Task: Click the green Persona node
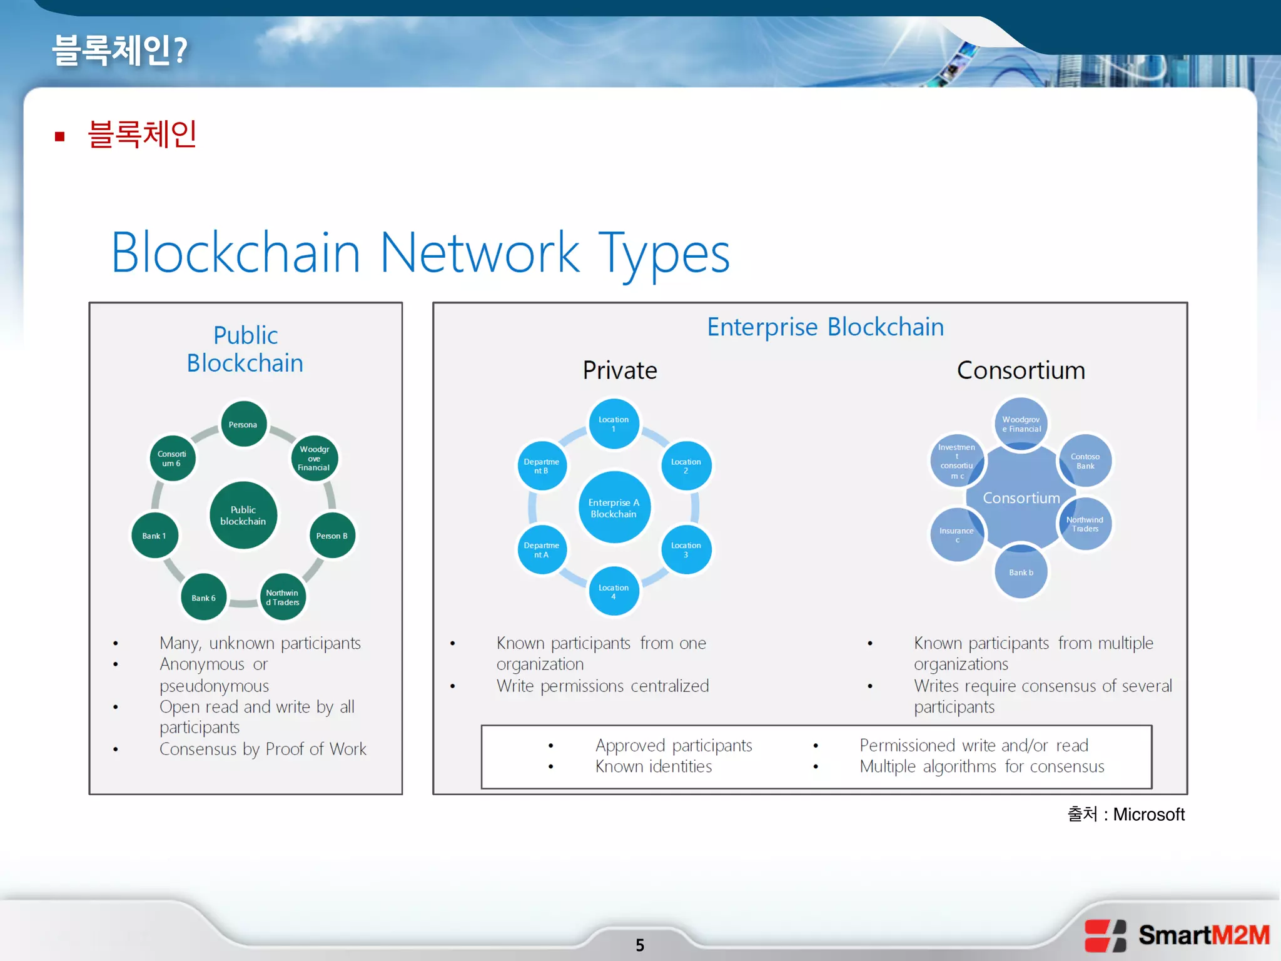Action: tap(243, 424)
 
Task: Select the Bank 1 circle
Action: tap(154, 536)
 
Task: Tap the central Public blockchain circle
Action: tap(243, 515)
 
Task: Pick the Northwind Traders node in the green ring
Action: tap(283, 597)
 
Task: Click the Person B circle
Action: tap(332, 536)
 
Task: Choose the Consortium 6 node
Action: tap(172, 459)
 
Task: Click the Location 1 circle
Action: tap(614, 424)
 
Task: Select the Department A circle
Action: tap(542, 550)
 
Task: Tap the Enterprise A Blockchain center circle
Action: tap(614, 507)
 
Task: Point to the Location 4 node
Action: tap(614, 591)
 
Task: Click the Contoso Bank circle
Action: tap(1085, 461)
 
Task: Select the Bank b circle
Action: tap(1021, 572)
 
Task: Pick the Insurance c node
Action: tap(956, 534)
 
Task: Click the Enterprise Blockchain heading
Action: tap(825, 327)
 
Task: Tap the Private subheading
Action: tap(620, 370)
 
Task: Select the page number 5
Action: tap(640, 945)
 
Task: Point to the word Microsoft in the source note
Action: tap(1148, 814)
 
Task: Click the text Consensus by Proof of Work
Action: tap(263, 749)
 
